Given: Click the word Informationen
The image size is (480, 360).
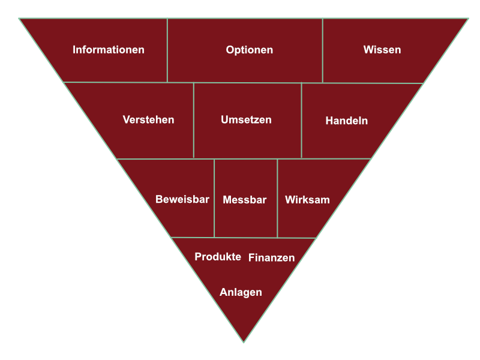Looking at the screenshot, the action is coord(109,50).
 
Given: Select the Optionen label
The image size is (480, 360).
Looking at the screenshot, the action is coord(250,50).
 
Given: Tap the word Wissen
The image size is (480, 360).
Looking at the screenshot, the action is coord(382,50).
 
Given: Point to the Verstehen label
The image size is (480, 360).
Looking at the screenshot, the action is coord(148,119).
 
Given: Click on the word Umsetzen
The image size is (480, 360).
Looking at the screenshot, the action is coord(246,119).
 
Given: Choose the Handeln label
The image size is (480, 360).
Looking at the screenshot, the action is coord(347,121).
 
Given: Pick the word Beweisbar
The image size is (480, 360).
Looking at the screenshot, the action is coord(182,199).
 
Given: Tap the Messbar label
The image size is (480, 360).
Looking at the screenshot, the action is coord(245,200).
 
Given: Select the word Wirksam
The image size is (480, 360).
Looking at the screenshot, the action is coord(307,200).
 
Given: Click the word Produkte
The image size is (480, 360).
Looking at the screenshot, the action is coord(218,257).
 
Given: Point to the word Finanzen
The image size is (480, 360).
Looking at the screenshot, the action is coord(272,258).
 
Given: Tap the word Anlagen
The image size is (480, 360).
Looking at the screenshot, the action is coord(241,292).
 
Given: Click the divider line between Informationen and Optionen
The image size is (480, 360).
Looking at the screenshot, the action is coord(167,50).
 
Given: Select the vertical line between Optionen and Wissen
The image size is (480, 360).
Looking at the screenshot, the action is coord(323,50).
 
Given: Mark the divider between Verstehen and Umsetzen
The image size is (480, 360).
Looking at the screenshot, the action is coord(194,121).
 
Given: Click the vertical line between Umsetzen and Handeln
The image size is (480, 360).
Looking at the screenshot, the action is coord(302,121).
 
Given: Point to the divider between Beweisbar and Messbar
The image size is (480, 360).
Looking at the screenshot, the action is coord(214,198).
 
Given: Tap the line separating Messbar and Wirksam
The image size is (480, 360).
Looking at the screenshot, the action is coord(277,199).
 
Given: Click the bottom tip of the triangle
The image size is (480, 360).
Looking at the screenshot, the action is coord(244,342).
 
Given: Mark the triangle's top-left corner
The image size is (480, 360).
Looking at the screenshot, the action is coord(19,19).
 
